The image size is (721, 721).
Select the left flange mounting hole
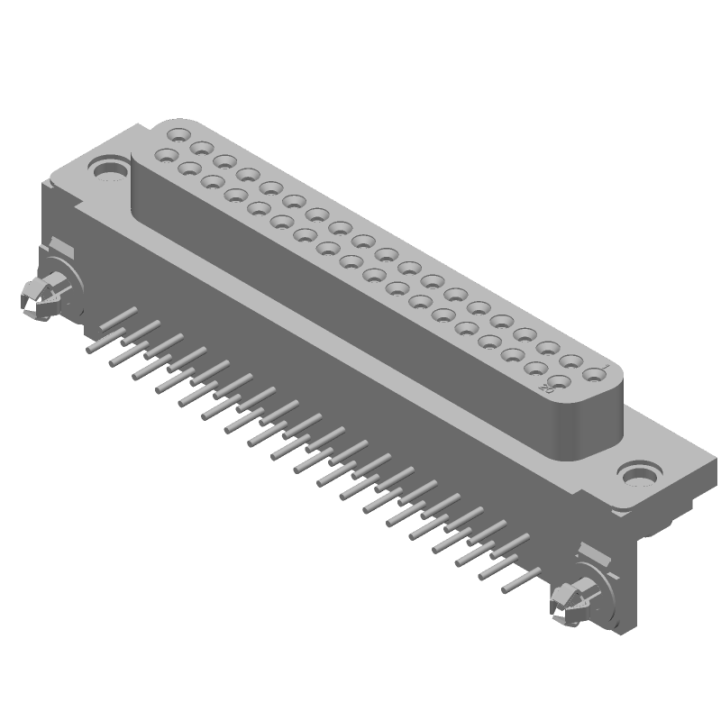coord(109,169)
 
